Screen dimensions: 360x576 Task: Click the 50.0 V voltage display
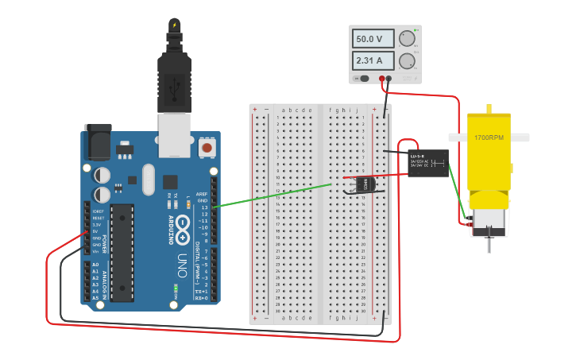(375, 39)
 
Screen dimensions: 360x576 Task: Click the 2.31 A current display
(375, 60)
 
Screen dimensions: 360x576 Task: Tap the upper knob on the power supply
(408, 39)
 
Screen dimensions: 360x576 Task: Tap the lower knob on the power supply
(408, 61)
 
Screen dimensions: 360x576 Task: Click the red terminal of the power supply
(382, 78)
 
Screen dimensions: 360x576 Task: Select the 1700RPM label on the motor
(489, 137)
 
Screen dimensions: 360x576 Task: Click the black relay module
(427, 162)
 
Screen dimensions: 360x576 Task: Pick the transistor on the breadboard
(362, 184)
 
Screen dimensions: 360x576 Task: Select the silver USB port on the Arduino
(174, 133)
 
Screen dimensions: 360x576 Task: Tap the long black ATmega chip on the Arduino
(122, 253)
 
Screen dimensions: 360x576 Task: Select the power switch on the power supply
(363, 78)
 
